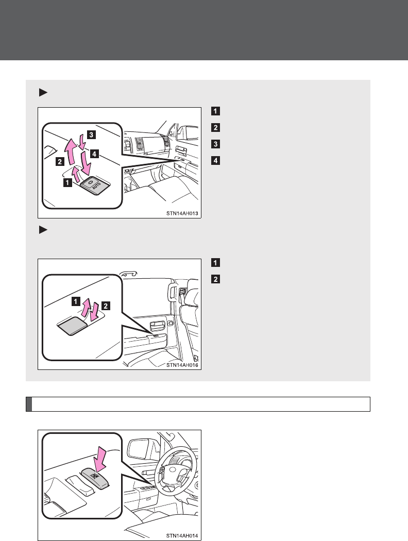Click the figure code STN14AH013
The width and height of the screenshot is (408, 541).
(182, 213)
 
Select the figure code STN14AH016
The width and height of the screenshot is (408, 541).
(182, 365)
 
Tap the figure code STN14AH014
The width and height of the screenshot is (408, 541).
(182, 536)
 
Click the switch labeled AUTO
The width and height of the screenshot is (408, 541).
(93, 185)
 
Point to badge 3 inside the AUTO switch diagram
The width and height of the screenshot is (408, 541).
(91, 134)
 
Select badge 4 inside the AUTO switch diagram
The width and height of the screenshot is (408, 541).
(94, 154)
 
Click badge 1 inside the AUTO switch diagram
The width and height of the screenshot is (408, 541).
(67, 182)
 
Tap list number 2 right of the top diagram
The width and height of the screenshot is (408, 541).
(215, 127)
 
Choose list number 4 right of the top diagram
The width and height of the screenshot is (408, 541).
(215, 160)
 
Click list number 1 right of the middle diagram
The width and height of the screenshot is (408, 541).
(215, 263)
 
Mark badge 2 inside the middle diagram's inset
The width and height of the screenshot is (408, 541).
(106, 306)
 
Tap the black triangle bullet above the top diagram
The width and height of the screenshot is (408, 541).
(43, 92)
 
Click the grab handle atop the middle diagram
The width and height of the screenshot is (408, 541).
(128, 273)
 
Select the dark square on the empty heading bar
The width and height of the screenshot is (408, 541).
(29, 404)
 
